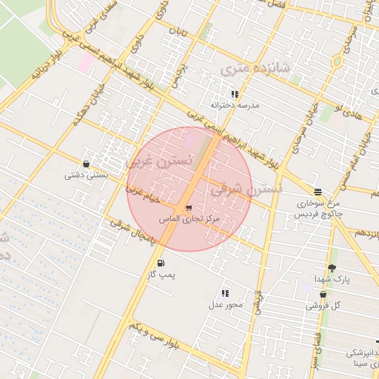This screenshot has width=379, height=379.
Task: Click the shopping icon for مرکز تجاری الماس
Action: click(189, 208)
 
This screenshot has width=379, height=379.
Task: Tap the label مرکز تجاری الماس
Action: click(189, 220)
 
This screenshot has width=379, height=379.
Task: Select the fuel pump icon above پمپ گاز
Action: click(161, 263)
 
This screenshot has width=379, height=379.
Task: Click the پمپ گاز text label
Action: click(160, 275)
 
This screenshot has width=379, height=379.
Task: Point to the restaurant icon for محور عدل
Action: click(225, 294)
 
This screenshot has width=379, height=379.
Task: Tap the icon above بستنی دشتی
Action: click(87, 164)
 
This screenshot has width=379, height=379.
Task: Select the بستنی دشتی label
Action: click(87, 175)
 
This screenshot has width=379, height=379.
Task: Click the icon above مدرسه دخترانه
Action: click(235, 94)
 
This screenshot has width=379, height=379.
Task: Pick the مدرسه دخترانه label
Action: click(235, 105)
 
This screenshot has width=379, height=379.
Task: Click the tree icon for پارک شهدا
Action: click(331, 268)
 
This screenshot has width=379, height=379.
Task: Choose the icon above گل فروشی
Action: click(323, 294)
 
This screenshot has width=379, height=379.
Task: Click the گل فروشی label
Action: click(323, 305)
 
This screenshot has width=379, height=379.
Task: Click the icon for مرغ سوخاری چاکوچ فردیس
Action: click(317, 191)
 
